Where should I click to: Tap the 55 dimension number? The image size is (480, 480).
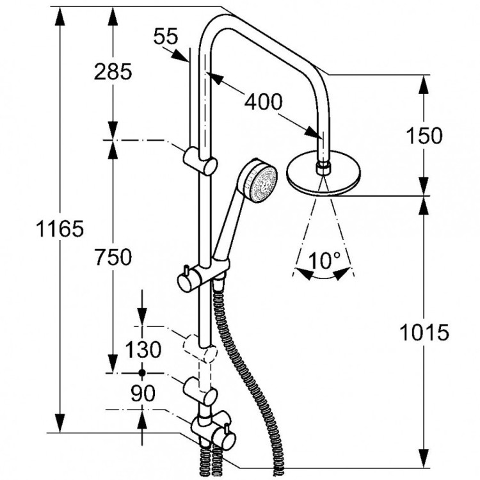[164, 37]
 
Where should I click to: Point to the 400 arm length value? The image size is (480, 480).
[262, 100]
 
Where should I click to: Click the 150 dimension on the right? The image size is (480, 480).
[422, 136]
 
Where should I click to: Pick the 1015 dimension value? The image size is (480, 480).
[422, 332]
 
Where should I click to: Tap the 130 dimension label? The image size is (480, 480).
[142, 350]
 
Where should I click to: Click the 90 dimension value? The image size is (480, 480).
[142, 394]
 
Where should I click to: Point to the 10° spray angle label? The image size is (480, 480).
[324, 260]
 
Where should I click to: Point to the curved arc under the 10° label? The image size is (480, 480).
[324, 276]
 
